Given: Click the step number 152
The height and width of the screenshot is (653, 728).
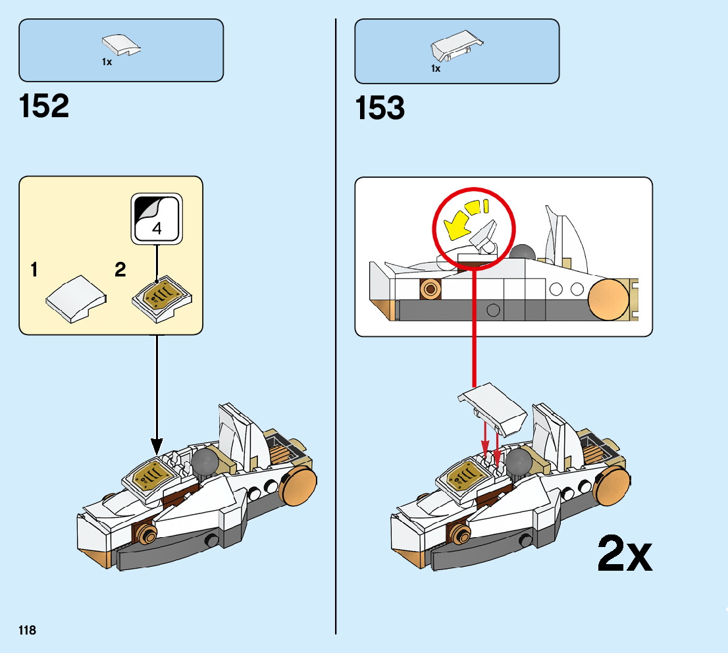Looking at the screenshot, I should pos(44,106).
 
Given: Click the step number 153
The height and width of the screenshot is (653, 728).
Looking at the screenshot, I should pos(380,108).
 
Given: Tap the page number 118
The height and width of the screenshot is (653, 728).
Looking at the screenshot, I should pos(27,631).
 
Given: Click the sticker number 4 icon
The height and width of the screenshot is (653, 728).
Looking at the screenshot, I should pos(156,219).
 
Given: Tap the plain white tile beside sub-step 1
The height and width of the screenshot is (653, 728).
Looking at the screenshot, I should pos(73,300).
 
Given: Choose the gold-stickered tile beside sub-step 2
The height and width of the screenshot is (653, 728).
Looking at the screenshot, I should pos(161,296).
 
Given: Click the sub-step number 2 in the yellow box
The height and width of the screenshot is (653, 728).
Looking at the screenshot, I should pos(120,270).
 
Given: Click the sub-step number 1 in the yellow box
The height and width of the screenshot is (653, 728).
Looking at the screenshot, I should pos(34,270).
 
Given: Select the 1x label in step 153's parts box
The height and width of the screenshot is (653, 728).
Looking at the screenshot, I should pos(436,68).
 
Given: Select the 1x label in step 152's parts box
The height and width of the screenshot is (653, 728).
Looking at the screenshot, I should pos(107,62).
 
